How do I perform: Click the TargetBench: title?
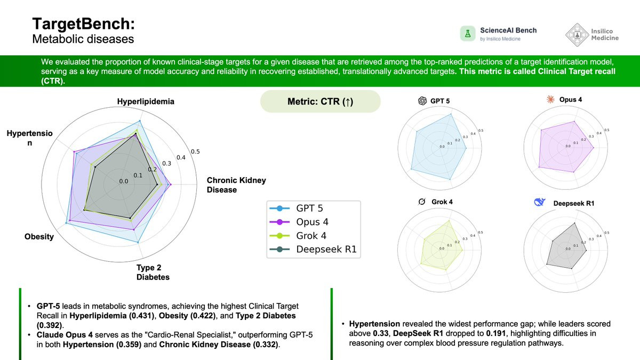point(83,23)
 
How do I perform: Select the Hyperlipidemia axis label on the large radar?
point(146,101)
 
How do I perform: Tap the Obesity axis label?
point(39,237)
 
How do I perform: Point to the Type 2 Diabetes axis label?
point(153,273)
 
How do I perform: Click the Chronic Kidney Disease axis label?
point(236,185)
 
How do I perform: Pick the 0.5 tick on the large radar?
point(195,151)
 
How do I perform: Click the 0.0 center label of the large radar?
point(124,181)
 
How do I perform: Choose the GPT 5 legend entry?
point(297,209)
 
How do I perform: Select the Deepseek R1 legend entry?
point(313,249)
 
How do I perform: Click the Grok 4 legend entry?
point(298,236)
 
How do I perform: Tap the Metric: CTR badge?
point(321,101)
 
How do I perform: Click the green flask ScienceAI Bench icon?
point(468,34)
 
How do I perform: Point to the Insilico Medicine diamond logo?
point(577,35)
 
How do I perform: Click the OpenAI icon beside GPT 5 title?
point(422,101)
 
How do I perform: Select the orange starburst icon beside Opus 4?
point(550,99)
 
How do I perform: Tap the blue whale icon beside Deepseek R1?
point(539,202)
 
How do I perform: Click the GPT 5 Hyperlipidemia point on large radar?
point(140,121)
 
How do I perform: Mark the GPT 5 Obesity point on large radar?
point(66,223)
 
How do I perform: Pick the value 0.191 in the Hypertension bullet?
point(496,333)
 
